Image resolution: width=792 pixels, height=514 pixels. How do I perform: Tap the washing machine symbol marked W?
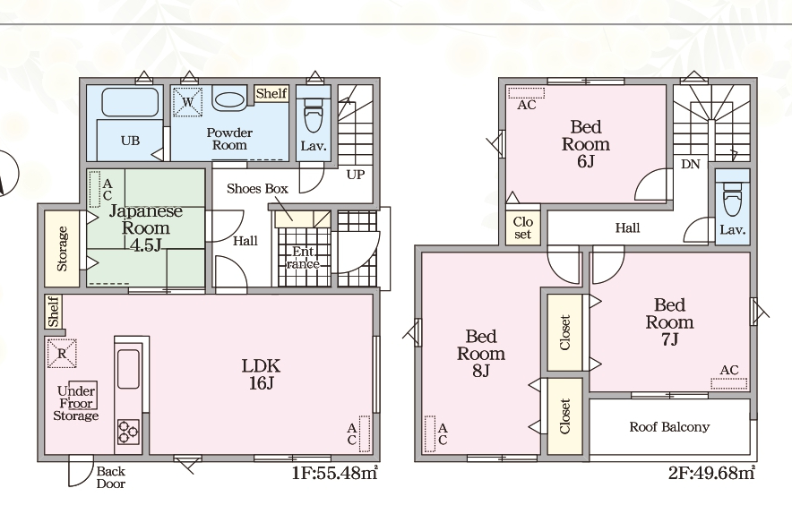(x=187, y=102)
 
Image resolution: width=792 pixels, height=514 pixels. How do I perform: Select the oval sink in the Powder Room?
(x=228, y=99)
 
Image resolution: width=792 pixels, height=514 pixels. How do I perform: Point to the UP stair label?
(x=356, y=175)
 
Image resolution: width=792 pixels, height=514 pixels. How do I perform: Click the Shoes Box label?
(x=257, y=189)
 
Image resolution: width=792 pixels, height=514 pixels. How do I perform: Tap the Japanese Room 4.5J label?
(x=145, y=227)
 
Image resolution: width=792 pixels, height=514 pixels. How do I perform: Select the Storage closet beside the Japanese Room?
(x=62, y=248)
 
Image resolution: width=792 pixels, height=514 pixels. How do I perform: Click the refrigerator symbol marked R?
(x=62, y=354)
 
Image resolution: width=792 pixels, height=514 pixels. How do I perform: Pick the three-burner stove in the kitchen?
(x=128, y=432)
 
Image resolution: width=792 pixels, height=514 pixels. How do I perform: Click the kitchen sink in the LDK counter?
(x=128, y=369)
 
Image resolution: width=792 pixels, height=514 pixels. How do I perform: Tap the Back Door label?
(x=110, y=477)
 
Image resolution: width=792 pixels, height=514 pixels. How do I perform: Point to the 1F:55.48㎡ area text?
(x=334, y=473)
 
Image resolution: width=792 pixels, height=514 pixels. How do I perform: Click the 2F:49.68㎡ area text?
(x=711, y=473)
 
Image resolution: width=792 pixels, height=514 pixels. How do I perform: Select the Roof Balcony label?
(x=669, y=427)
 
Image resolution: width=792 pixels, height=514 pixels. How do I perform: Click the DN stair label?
(x=691, y=164)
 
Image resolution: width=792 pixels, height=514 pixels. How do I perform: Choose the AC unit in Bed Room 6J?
(x=526, y=93)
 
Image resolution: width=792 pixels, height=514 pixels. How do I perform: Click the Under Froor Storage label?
(x=76, y=404)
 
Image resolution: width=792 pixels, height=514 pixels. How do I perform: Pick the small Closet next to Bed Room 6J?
(x=523, y=227)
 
